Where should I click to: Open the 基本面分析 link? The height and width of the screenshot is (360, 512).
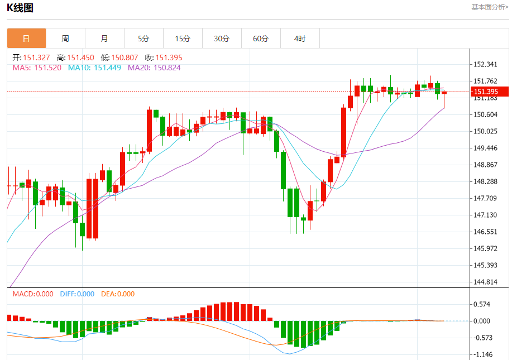[x=490, y=7]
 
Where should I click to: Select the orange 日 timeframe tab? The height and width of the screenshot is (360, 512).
[x=26, y=39]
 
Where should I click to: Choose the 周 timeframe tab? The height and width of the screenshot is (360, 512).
[x=65, y=39]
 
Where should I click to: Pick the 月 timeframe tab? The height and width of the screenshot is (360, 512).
[x=104, y=39]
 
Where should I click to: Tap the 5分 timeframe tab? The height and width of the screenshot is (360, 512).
[x=143, y=39]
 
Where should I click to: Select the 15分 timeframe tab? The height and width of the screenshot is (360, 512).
[x=183, y=39]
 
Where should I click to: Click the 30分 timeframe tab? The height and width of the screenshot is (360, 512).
[x=222, y=39]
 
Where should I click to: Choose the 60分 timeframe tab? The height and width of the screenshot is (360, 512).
[x=261, y=39]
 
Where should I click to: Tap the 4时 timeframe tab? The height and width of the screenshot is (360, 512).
[x=300, y=39]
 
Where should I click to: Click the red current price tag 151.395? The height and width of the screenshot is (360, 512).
[x=485, y=92]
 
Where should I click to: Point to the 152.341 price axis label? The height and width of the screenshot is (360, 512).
[x=485, y=65]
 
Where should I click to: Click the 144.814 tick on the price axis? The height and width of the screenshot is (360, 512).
[x=485, y=282]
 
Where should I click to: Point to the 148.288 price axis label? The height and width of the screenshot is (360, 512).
[x=485, y=181]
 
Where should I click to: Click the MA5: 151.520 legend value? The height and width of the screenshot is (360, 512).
[x=37, y=68]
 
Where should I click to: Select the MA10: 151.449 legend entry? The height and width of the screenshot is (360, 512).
[x=94, y=68]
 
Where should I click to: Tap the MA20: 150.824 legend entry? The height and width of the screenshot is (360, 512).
[x=154, y=68]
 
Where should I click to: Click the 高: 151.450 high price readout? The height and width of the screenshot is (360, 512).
[x=75, y=57]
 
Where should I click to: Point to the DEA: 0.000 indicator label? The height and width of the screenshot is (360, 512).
[x=118, y=294]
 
